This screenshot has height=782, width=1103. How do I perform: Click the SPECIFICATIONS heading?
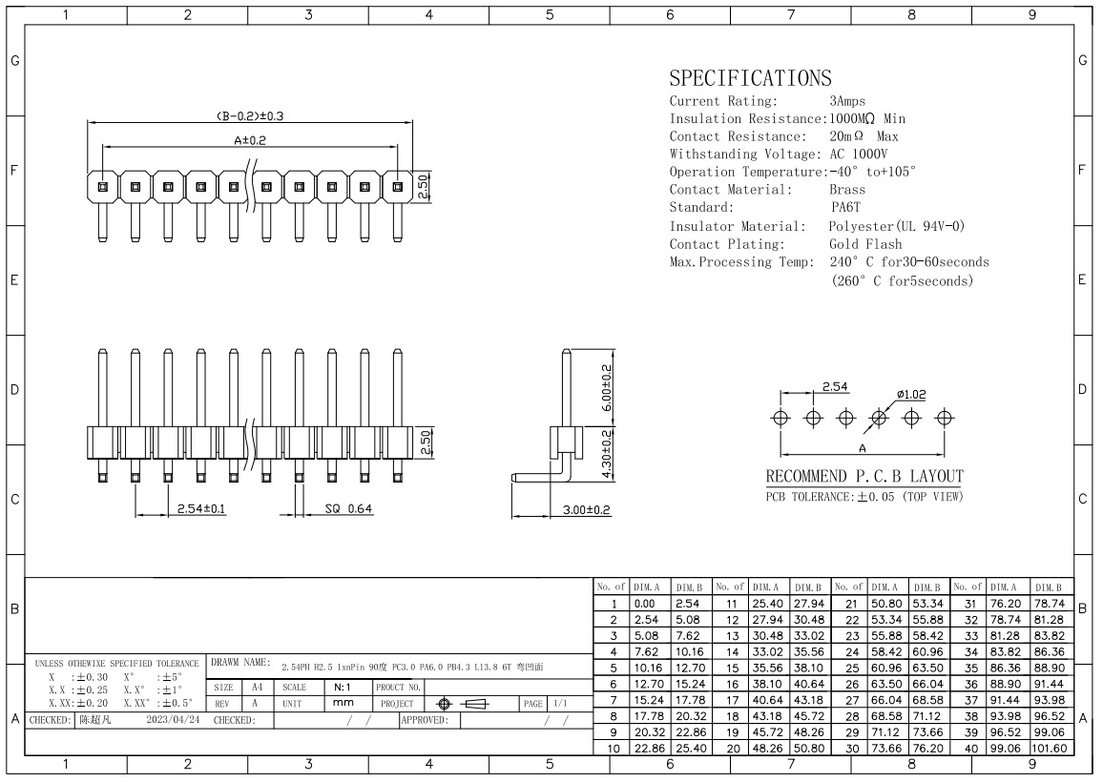(750, 77)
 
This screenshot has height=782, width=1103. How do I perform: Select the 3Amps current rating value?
(847, 101)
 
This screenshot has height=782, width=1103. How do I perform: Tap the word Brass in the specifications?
(847, 190)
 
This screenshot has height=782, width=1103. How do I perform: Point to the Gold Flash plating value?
(865, 244)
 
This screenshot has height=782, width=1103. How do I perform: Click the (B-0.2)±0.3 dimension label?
(249, 116)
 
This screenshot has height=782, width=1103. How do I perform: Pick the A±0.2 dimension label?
(250, 140)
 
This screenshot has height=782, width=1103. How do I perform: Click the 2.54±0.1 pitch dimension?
(201, 508)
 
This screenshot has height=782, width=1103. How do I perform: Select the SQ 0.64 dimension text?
(348, 508)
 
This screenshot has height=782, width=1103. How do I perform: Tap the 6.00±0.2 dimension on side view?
(607, 387)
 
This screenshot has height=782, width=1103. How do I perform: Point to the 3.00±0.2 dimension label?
(586, 510)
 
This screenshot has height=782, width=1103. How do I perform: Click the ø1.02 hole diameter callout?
(911, 395)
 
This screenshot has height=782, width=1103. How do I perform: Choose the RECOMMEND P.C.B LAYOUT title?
(864, 476)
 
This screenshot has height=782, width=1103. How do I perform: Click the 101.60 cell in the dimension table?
(1050, 749)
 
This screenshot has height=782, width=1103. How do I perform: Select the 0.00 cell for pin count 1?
(644, 604)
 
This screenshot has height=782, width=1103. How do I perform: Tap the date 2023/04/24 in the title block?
(173, 720)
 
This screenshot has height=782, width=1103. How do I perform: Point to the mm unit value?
(343, 703)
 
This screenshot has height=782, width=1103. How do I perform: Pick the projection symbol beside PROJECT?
(462, 703)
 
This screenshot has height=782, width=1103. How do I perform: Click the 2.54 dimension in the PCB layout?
(835, 387)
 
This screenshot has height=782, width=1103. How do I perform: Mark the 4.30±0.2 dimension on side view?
(607, 455)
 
